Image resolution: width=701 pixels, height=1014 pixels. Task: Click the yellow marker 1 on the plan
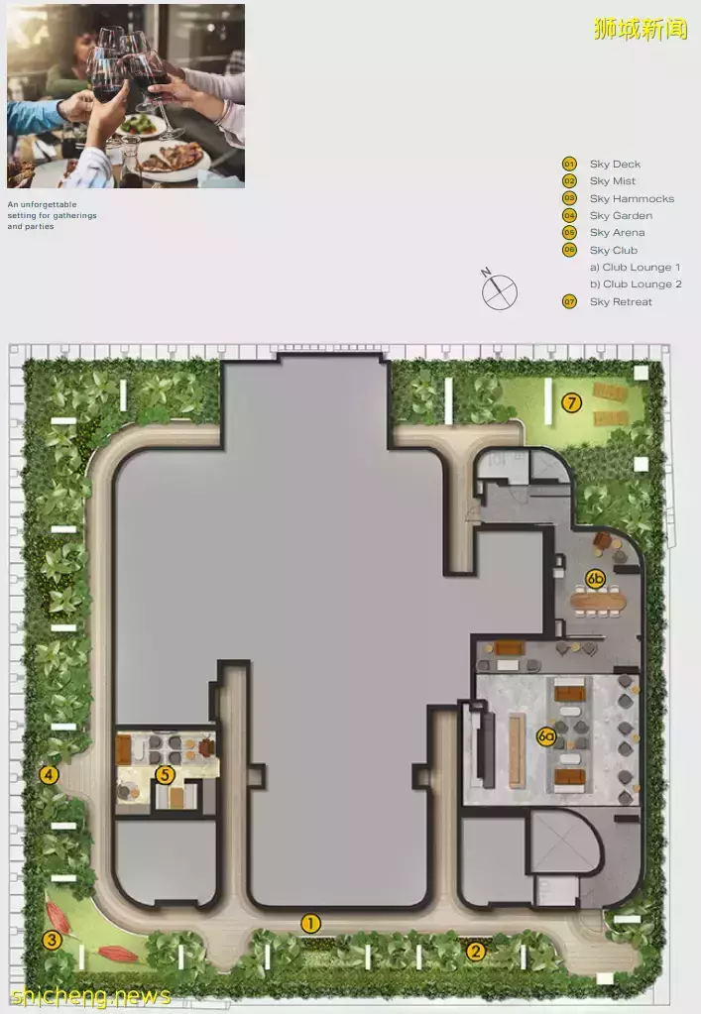click(x=310, y=924)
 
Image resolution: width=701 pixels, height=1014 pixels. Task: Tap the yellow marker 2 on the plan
click(x=476, y=951)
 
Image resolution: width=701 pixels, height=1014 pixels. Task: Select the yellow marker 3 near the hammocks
click(x=52, y=940)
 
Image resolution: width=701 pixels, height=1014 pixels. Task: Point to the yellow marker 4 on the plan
click(x=49, y=774)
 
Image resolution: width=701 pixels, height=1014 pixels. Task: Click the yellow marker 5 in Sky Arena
click(x=165, y=774)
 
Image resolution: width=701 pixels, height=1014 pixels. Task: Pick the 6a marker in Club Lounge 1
click(x=547, y=736)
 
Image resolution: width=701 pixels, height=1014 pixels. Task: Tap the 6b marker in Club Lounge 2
click(x=596, y=578)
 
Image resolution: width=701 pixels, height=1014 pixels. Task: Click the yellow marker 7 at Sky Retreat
click(x=571, y=402)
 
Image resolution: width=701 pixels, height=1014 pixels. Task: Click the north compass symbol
click(x=499, y=290)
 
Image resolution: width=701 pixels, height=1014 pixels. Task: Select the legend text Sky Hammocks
click(x=632, y=198)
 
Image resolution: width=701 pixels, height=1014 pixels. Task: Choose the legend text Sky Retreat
click(x=620, y=301)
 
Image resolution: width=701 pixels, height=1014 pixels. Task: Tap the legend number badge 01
click(x=569, y=165)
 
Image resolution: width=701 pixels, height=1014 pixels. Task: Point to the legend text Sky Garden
click(x=620, y=215)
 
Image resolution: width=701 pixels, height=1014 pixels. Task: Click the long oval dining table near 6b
click(x=598, y=602)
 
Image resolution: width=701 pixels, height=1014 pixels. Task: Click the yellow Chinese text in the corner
click(x=641, y=28)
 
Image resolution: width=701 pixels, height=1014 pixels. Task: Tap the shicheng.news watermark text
click(x=90, y=996)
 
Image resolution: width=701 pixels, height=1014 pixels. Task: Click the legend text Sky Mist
click(x=612, y=181)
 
